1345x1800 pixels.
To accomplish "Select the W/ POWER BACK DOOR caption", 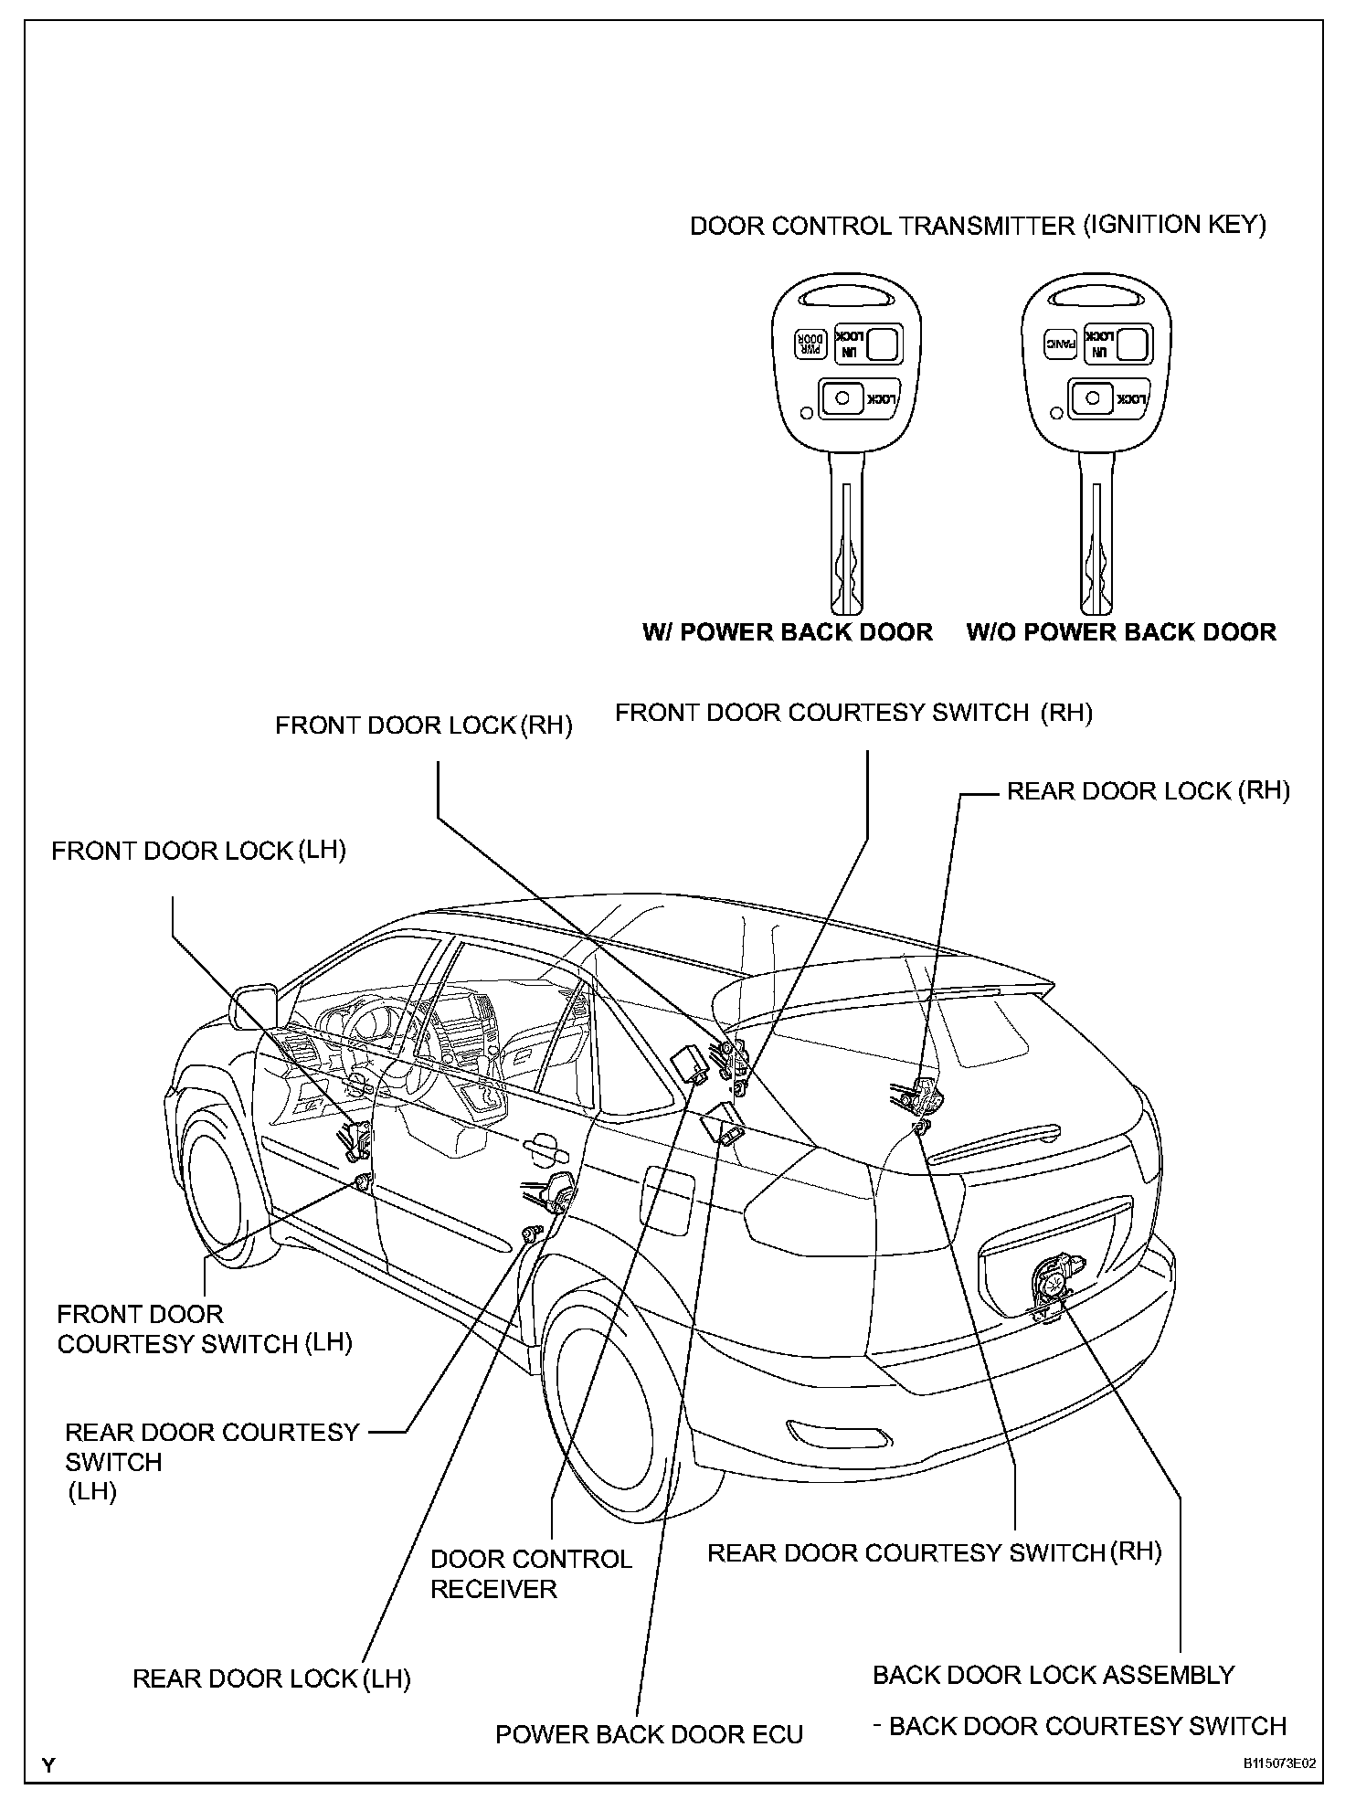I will pos(788,632).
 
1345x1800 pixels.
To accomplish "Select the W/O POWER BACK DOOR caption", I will pos(1121,632).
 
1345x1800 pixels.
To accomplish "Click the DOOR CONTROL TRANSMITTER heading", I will pos(978,226).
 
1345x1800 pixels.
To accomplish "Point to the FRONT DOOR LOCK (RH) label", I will pos(424,725).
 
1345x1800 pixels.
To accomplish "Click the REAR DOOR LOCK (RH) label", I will pos(1148,791).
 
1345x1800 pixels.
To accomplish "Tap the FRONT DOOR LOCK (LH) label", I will pos(198,851).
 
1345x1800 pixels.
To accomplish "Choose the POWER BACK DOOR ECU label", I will pos(649,1734).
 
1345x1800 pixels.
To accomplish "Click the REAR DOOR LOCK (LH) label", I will pos(271,1678).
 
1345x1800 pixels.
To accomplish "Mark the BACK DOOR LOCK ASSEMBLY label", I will pos(1054,1675).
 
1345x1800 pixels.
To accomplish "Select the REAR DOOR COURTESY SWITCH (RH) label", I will pos(934,1552).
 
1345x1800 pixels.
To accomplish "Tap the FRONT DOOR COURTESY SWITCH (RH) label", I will pos(853,713).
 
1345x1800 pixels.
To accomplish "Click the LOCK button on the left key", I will pos(859,398).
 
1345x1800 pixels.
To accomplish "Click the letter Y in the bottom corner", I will pos(48,1765).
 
